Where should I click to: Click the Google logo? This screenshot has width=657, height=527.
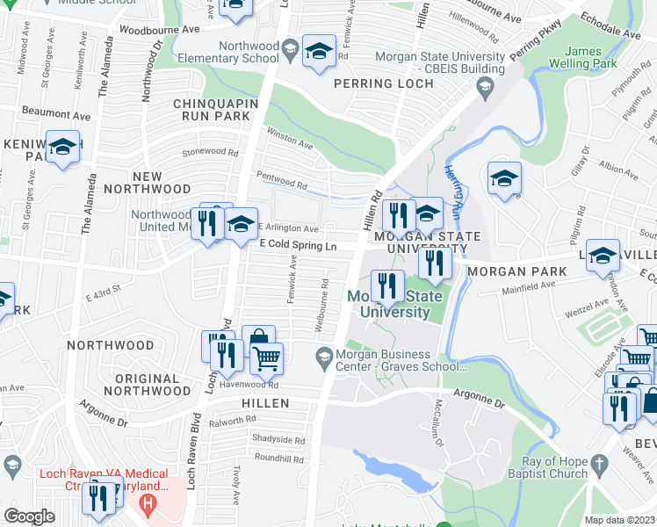coord(29,516)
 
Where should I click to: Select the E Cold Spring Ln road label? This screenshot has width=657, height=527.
coord(298,247)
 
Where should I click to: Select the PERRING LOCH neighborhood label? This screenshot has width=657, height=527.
coord(384,84)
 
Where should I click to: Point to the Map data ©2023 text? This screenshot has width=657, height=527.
coord(618,520)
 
